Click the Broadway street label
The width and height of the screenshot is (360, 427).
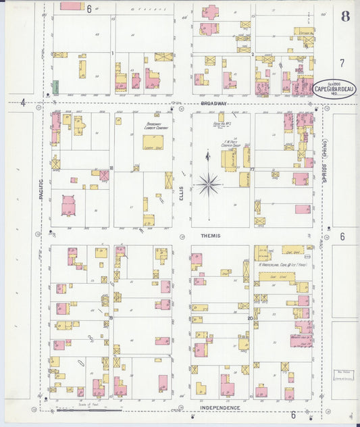click(x=212, y=103)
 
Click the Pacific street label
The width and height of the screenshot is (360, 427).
click(x=41, y=184)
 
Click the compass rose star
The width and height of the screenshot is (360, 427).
click(x=209, y=182)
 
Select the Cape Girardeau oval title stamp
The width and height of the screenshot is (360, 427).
click(x=335, y=89)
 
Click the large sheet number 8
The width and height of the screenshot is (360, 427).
click(x=345, y=16)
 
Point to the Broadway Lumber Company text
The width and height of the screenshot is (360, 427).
click(x=156, y=126)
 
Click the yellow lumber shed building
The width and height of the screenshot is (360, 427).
click(x=152, y=142)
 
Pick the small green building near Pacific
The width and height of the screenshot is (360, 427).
click(x=55, y=86)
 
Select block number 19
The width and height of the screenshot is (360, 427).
click(x=111, y=317)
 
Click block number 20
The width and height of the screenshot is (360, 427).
click(x=250, y=318)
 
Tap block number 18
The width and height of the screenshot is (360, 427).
click(x=111, y=168)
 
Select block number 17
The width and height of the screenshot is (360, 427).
click(x=251, y=168)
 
